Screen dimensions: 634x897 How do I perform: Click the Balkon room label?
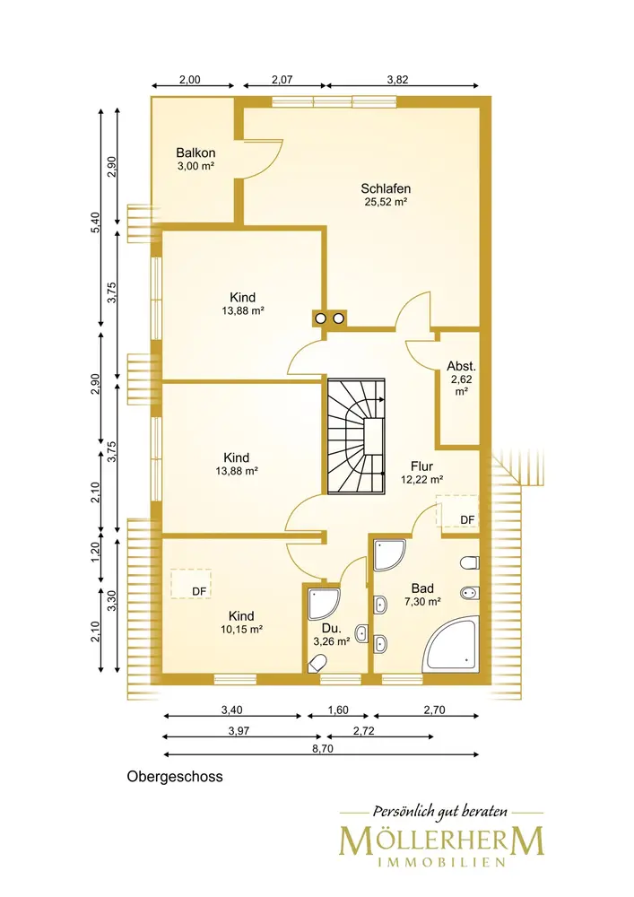(195, 152)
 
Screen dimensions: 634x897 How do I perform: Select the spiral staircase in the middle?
(356, 435)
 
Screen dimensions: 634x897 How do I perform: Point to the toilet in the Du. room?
(317, 664)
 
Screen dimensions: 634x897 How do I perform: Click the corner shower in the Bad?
(390, 555)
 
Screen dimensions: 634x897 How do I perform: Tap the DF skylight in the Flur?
(456, 511)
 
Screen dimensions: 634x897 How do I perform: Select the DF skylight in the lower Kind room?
(192, 584)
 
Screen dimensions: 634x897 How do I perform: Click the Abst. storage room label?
(461, 366)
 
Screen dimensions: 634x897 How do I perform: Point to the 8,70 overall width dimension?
(323, 748)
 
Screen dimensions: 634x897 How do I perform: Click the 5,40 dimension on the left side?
(95, 222)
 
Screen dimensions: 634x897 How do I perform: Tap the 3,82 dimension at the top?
(397, 80)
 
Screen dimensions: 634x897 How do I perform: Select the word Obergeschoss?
(175, 777)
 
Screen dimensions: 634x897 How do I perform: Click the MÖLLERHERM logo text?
(441, 841)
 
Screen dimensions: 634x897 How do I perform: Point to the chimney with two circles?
(329, 318)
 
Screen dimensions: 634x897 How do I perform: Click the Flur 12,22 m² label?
(421, 473)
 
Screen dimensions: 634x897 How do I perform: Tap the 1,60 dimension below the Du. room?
(338, 710)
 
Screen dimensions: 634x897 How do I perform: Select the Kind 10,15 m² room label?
(241, 623)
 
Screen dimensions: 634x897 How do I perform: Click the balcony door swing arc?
(274, 158)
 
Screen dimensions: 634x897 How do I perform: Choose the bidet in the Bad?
(470, 593)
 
